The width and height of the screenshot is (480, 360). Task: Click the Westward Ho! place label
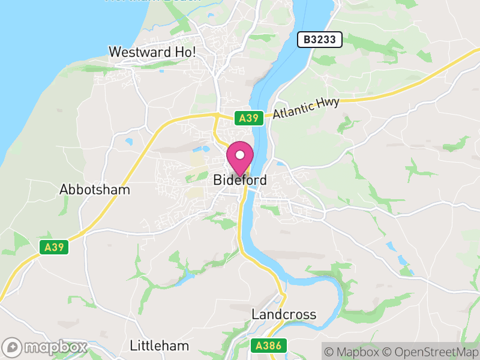152,52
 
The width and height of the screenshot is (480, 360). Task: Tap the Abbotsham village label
95,190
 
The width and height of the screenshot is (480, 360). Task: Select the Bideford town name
240,180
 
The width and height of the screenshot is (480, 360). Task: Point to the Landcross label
284,314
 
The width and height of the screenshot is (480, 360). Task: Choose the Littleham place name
160,346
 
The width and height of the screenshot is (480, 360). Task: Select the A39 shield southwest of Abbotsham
55,247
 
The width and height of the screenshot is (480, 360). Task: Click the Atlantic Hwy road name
306,108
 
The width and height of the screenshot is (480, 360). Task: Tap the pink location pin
240,158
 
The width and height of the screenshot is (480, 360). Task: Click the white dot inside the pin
240,155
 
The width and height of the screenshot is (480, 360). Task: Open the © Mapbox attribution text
358,352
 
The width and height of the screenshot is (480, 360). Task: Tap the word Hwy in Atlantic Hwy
329,103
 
